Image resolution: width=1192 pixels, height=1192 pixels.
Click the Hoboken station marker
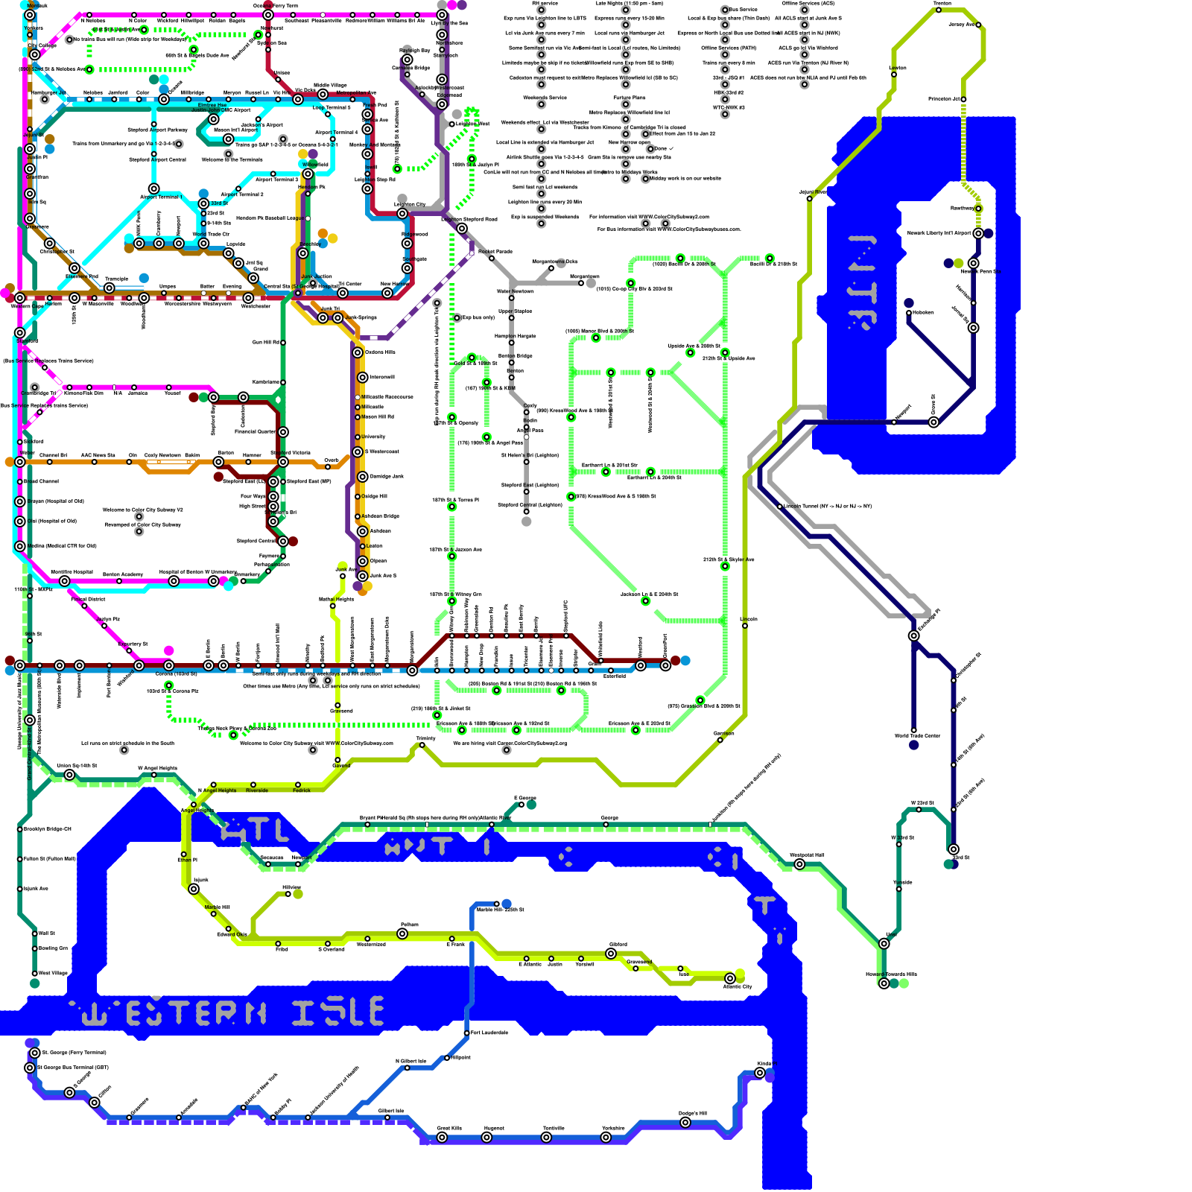click(909, 313)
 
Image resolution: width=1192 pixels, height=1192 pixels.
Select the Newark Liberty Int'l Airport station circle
click(978, 233)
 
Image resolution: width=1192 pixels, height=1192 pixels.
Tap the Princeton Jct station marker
click(963, 99)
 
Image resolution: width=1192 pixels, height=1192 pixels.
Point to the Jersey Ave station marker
click(979, 25)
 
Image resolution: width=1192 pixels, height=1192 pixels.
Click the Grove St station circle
click(933, 422)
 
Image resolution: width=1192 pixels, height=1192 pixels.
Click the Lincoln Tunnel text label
click(827, 507)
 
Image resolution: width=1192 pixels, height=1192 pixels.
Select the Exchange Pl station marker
click(913, 635)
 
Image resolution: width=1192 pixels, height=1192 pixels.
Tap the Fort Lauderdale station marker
click(467, 1033)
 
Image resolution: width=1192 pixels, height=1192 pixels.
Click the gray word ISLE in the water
click(337, 1012)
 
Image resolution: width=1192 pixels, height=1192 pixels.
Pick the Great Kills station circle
click(442, 1138)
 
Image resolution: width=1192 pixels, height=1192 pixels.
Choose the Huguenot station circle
click(486, 1138)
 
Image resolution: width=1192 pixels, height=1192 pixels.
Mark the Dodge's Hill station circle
click(685, 1123)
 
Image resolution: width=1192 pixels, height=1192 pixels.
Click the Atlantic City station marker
click(730, 978)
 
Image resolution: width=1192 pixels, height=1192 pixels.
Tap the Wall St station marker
click(34, 933)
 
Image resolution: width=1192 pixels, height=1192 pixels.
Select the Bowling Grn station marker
click(34, 948)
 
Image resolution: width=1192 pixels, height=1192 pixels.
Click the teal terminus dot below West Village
click(34, 983)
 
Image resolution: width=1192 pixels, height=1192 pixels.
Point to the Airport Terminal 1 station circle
click(153, 188)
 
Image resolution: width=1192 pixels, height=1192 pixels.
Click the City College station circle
click(34, 54)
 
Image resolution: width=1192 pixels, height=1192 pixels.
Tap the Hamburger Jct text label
click(48, 93)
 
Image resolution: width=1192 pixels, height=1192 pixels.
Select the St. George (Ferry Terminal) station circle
click(34, 1053)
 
